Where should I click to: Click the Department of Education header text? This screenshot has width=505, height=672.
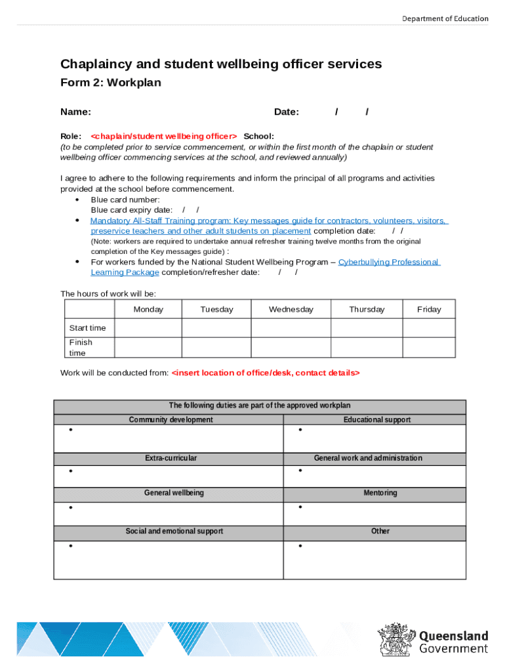click(x=445, y=18)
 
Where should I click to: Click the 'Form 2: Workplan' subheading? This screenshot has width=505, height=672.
click(x=110, y=83)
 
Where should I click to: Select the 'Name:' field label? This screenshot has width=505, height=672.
click(x=75, y=112)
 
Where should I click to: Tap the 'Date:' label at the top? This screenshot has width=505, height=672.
click(x=287, y=112)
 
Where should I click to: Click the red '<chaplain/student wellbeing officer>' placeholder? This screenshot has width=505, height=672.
click(x=164, y=136)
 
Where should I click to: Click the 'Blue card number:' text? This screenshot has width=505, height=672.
click(x=125, y=199)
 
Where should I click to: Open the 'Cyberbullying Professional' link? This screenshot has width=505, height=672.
click(x=388, y=262)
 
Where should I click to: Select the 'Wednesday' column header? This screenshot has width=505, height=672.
click(x=291, y=310)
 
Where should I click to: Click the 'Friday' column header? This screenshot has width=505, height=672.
click(x=429, y=310)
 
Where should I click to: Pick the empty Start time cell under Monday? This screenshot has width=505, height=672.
click(x=148, y=328)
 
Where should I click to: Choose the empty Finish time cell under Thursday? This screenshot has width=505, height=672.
click(x=367, y=347)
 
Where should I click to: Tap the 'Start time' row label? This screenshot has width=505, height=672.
click(x=87, y=328)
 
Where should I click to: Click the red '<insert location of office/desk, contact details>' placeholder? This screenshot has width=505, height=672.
click(x=266, y=373)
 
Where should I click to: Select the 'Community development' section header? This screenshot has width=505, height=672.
click(x=171, y=420)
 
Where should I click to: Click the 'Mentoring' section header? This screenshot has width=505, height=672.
click(x=380, y=493)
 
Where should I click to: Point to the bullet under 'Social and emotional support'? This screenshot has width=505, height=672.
click(x=70, y=546)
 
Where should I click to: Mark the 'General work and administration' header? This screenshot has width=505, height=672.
click(x=368, y=458)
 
